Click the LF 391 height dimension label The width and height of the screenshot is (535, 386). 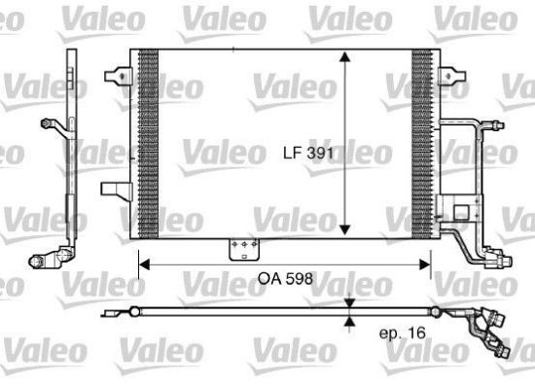(307, 153)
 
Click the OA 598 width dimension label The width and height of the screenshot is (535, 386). (285, 279)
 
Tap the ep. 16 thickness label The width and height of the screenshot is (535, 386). (403, 333)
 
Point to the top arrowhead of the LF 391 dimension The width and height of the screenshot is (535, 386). (345, 57)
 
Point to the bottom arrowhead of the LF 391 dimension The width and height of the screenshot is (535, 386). (345, 229)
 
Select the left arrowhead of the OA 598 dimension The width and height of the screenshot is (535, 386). (144, 264)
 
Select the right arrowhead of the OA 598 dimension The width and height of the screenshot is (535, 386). (425, 264)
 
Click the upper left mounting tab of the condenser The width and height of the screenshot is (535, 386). (118, 76)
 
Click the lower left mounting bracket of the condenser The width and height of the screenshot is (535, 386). (117, 191)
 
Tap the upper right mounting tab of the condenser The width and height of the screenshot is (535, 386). (452, 76)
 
